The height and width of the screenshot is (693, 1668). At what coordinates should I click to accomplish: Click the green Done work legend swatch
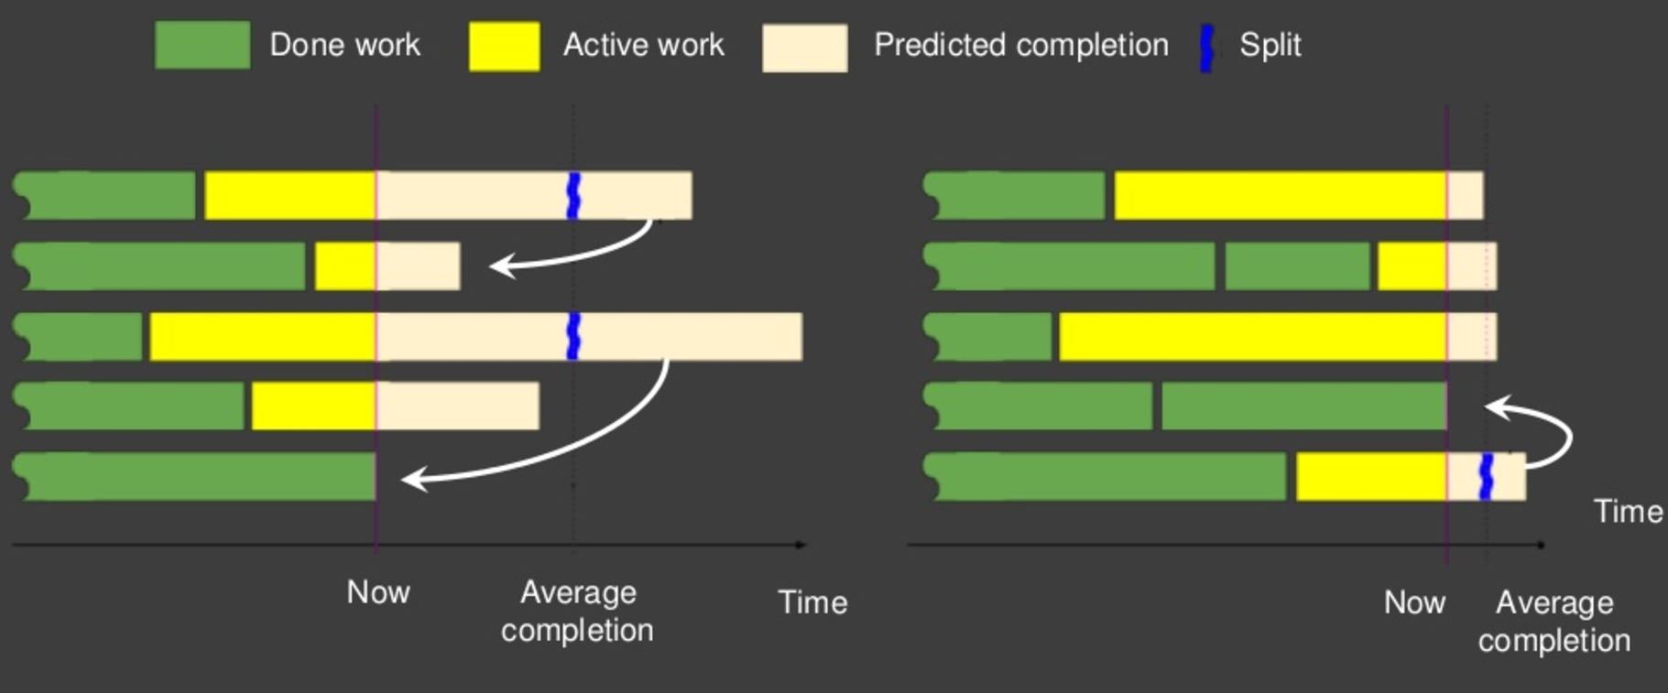click(x=202, y=45)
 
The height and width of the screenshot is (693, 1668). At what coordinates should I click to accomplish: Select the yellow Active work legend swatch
click(x=504, y=46)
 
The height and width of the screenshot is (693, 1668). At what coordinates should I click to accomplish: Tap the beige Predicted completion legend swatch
click(x=805, y=48)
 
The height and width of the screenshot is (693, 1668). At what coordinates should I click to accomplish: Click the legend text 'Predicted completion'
click(x=1021, y=45)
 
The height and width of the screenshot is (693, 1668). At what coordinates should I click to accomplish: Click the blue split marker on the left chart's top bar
click(x=574, y=196)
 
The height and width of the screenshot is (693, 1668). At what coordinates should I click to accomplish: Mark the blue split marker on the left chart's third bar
click(x=574, y=336)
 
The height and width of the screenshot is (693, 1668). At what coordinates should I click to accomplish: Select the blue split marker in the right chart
click(x=1487, y=477)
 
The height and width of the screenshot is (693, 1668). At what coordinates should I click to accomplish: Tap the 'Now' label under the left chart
click(x=378, y=592)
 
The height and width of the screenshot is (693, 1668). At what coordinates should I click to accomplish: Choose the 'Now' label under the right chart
click(x=1415, y=602)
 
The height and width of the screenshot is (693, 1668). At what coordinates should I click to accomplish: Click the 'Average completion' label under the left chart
click(x=578, y=612)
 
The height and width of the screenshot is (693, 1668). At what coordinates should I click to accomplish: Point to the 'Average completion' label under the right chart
click(x=1554, y=622)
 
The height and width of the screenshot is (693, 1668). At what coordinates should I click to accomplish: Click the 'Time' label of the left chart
click(x=812, y=602)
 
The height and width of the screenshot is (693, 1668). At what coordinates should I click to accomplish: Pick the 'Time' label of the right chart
click(x=1629, y=512)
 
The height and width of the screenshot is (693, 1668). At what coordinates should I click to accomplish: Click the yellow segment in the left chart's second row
click(x=345, y=266)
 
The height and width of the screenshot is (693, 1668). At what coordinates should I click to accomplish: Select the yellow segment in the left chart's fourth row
click(x=314, y=406)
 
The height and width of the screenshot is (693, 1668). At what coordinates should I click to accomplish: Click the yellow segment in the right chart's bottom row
click(x=1371, y=477)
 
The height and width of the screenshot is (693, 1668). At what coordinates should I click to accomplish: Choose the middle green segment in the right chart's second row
click(x=1297, y=266)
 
